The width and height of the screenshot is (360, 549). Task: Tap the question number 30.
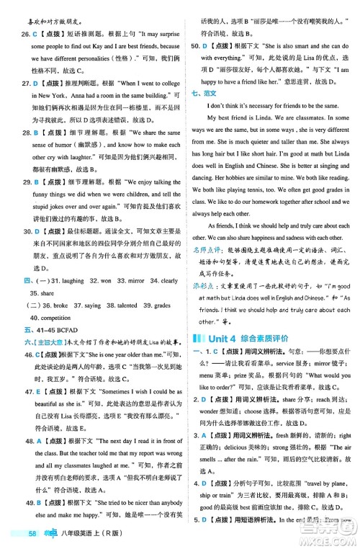pyautogui.click(x=10, y=231)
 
